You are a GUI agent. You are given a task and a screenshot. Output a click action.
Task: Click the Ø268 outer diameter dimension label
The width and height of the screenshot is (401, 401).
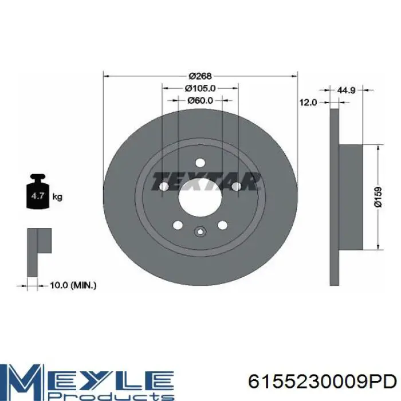click(200, 76)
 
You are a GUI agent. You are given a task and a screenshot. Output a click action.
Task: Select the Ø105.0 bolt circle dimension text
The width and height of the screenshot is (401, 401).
click(200, 88)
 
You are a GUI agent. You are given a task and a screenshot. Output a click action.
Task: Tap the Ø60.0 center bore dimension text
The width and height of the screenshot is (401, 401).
click(200, 100)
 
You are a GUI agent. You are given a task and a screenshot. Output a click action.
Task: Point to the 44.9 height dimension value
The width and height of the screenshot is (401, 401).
click(346, 90)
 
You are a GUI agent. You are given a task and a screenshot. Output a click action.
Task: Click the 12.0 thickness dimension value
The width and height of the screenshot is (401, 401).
click(308, 103)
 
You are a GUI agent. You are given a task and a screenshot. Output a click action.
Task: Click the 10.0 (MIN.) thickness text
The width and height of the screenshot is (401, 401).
click(73, 285)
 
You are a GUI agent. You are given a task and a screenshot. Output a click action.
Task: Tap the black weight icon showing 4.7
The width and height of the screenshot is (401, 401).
click(38, 191)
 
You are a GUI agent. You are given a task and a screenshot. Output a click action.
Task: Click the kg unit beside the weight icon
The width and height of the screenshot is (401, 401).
click(57, 197)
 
